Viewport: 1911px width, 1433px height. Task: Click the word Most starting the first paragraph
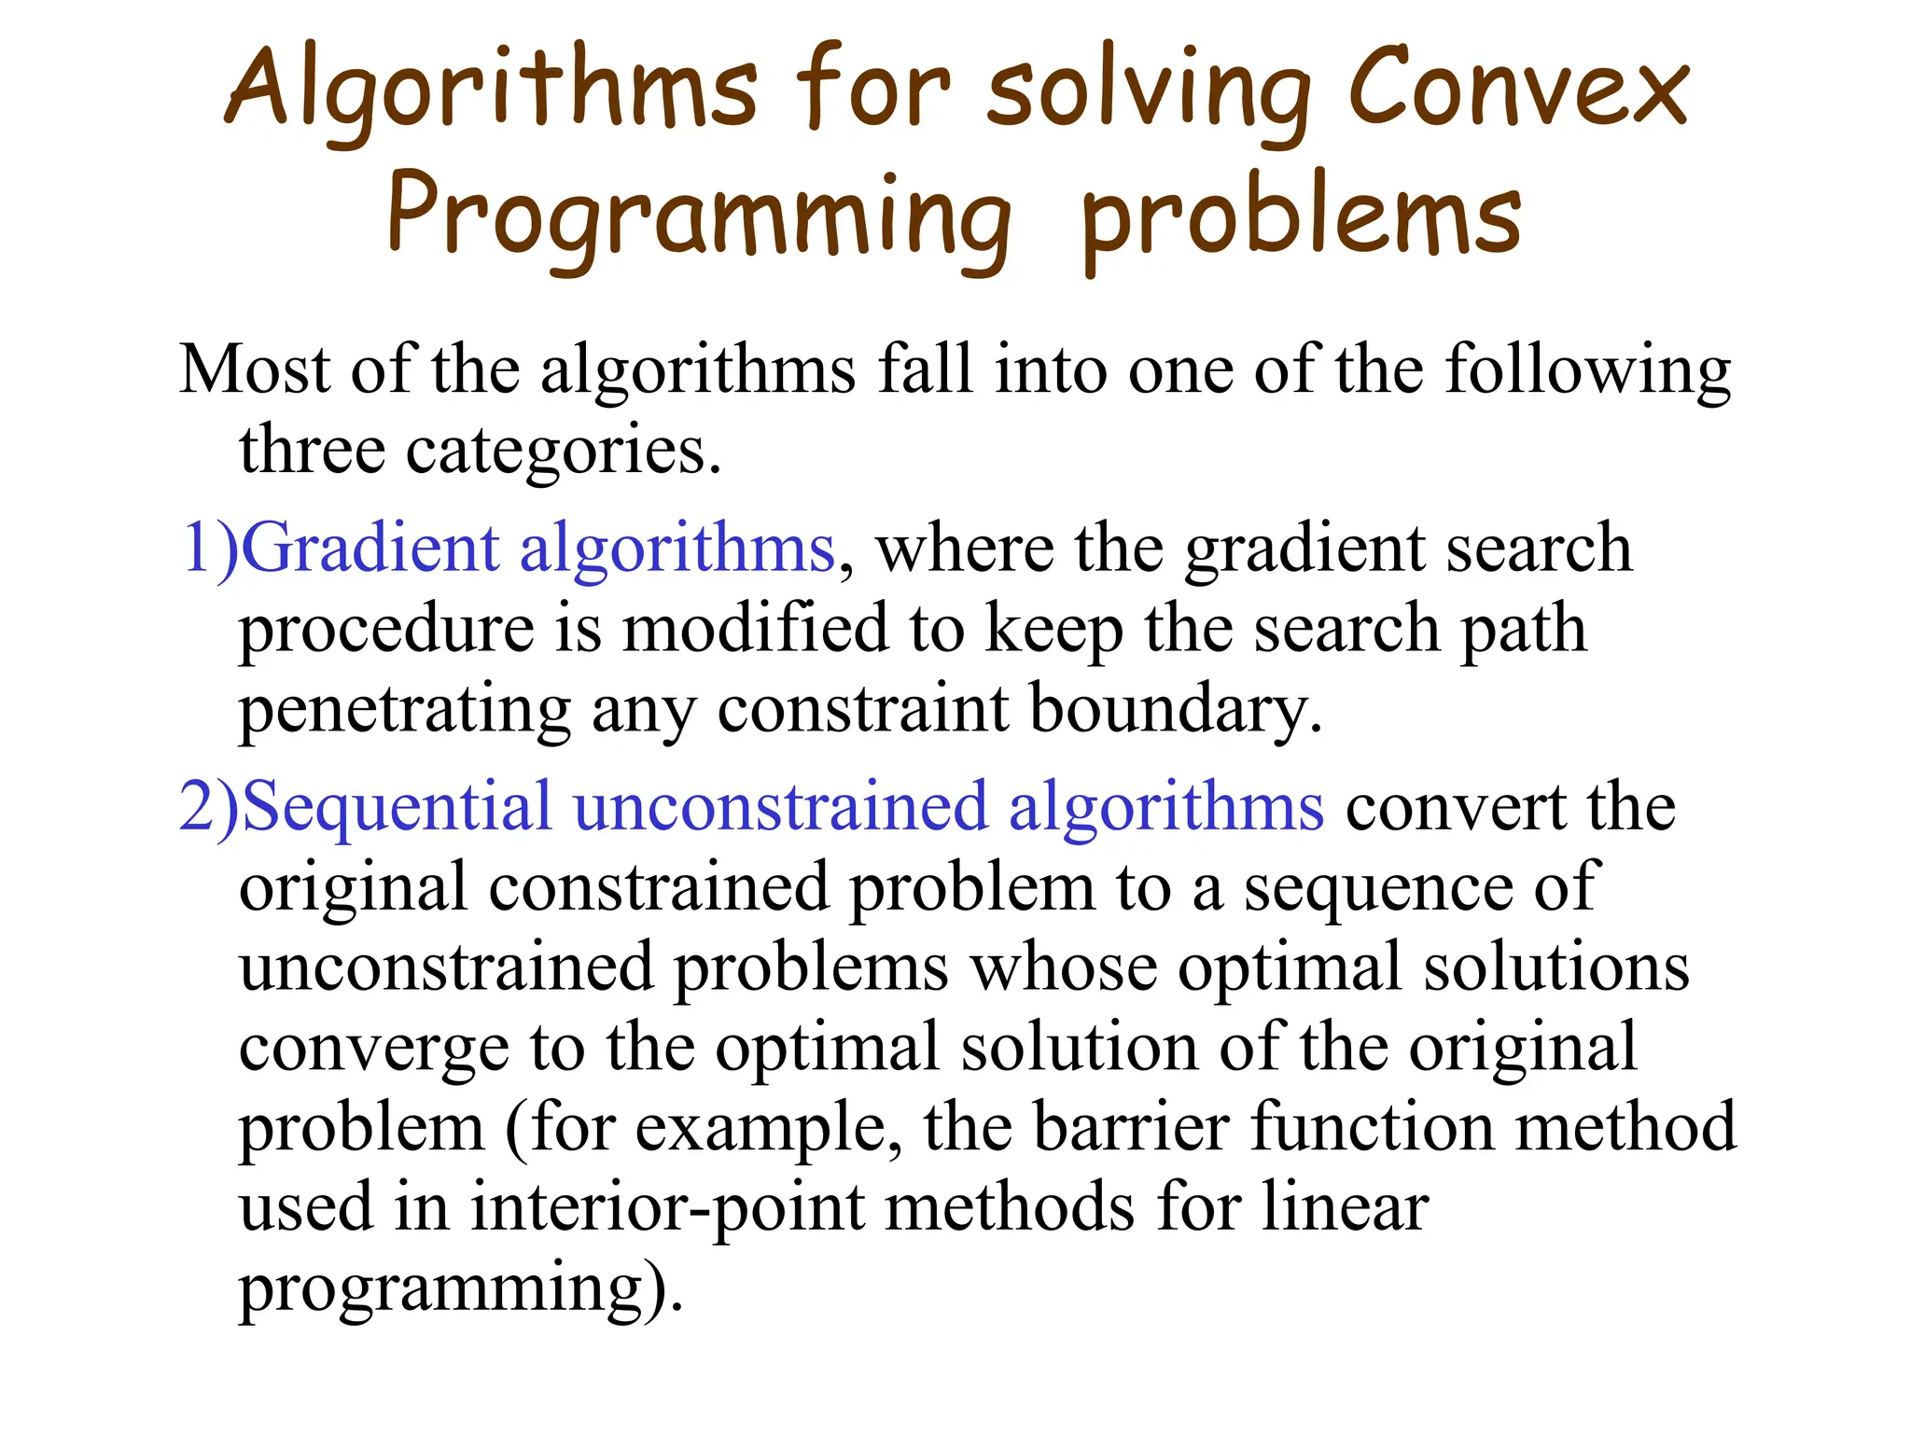coord(255,369)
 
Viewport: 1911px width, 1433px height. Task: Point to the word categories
coord(563,451)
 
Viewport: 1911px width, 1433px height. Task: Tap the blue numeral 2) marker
coord(209,806)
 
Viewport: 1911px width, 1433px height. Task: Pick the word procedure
coord(386,629)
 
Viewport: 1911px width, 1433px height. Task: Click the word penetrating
coord(404,710)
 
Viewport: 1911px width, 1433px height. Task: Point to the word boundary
coord(1176,710)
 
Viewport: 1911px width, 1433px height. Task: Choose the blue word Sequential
coord(396,806)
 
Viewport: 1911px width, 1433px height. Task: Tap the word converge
coord(374,1049)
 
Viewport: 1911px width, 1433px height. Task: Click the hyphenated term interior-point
coord(668,1207)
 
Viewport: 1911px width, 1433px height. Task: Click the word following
coord(1588,370)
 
